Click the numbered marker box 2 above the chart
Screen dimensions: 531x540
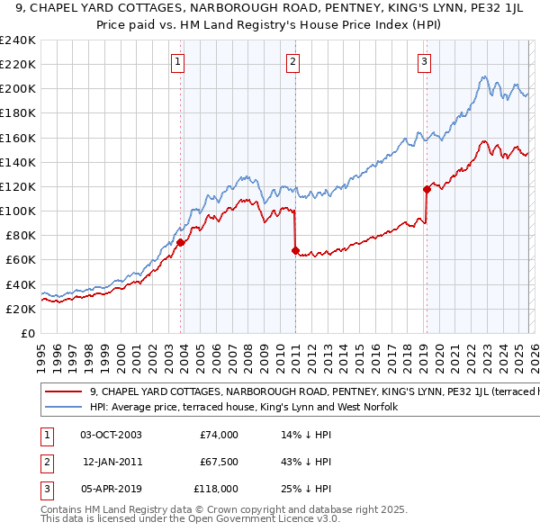(293, 62)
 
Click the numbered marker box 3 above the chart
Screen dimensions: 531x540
(424, 62)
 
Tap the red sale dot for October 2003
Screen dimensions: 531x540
(181, 242)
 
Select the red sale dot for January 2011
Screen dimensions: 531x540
(295, 250)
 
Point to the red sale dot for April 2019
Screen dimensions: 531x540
(427, 189)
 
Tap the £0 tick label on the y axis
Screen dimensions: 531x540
(27, 333)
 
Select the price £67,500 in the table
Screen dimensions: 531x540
(219, 462)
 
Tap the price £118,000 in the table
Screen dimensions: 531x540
(216, 489)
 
